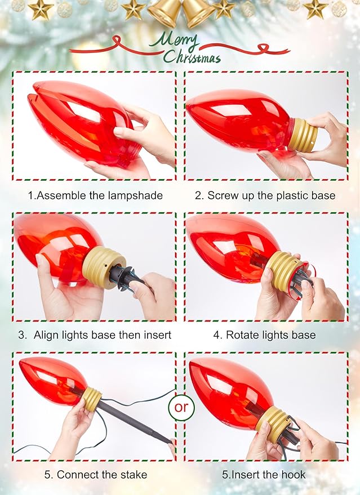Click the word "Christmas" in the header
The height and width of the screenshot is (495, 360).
(x=192, y=57)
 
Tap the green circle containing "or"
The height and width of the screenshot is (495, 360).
(x=181, y=407)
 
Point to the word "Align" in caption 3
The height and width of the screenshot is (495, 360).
(x=46, y=335)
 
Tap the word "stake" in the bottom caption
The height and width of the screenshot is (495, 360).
(x=132, y=475)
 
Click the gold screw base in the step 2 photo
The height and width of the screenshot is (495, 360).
(x=302, y=135)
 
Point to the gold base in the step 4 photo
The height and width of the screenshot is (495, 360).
(x=283, y=271)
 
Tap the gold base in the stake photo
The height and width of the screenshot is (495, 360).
(x=92, y=399)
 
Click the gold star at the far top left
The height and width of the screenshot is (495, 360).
(x=41, y=9)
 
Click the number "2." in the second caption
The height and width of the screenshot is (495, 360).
(x=199, y=196)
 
